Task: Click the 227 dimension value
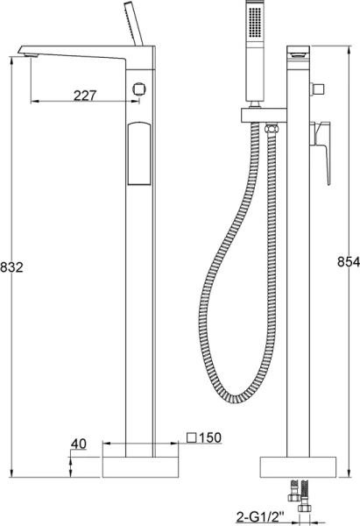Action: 85,96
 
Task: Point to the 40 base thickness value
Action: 78,444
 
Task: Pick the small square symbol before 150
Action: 192,437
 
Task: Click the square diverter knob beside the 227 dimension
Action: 138,89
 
